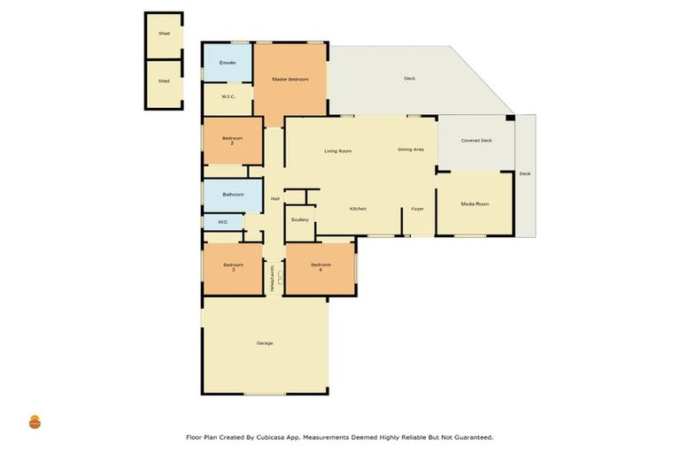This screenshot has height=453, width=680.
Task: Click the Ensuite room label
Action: pyautogui.click(x=228, y=63)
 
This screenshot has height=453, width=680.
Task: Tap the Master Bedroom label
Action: pyautogui.click(x=290, y=80)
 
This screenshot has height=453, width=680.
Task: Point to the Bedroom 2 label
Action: pyautogui.click(x=232, y=140)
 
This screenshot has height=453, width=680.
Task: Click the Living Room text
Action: pyautogui.click(x=337, y=151)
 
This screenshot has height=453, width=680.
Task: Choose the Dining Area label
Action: pyautogui.click(x=410, y=150)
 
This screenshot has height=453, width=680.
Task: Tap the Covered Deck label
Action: pyautogui.click(x=475, y=141)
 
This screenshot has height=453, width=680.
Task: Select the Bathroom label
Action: pyautogui.click(x=233, y=194)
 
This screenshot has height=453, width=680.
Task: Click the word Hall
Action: pyautogui.click(x=274, y=199)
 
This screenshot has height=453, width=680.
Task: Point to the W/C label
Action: pyautogui.click(x=222, y=222)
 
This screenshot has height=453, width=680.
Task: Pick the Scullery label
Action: pyautogui.click(x=299, y=219)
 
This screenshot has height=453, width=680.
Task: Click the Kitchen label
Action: pyautogui.click(x=358, y=209)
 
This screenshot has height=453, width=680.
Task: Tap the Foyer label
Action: pyautogui.click(x=416, y=209)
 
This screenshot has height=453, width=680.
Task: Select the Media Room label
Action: pyautogui.click(x=475, y=204)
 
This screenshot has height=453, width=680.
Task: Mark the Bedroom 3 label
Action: pyautogui.click(x=232, y=267)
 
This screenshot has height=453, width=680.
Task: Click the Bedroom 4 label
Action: pyautogui.click(x=320, y=266)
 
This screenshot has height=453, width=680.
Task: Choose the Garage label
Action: pyautogui.click(x=264, y=342)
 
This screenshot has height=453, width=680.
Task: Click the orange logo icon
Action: pyautogui.click(x=35, y=422)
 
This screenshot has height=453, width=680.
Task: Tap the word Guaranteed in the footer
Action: pyautogui.click(x=469, y=437)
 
